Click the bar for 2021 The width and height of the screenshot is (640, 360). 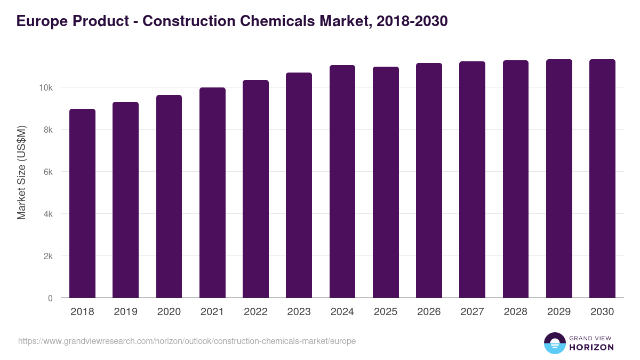click(212, 193)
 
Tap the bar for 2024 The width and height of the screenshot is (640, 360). click(342, 181)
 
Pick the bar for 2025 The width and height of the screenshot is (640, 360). click(386, 182)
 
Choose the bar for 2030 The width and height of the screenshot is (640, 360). click(602, 179)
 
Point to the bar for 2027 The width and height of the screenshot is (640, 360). click(472, 180)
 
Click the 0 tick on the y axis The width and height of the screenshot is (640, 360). click(50, 298)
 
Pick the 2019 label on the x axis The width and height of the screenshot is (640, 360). click(125, 312)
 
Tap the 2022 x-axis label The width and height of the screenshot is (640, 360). click(255, 312)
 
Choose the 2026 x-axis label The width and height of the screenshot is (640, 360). click(429, 312)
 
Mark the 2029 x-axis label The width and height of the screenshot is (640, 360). click(559, 312)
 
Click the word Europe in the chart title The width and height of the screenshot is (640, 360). click(38, 21)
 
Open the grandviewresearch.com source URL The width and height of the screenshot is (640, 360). click(187, 341)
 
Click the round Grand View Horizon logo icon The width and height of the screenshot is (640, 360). click(554, 343)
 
